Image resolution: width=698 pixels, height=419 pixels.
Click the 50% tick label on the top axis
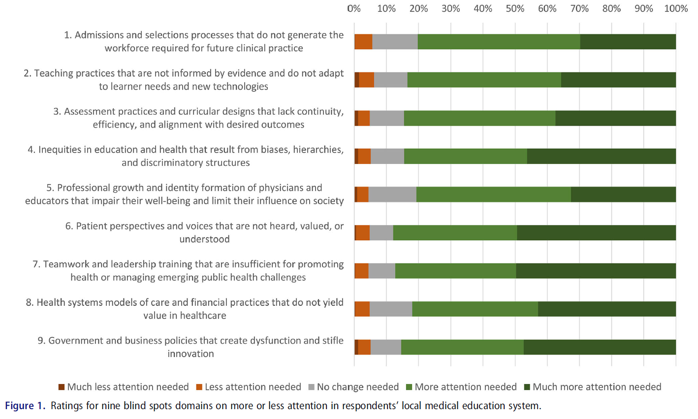click(x=515, y=9)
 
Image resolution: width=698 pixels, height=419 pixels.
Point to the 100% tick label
click(x=675, y=9)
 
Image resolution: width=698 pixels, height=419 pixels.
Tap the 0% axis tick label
click(x=354, y=9)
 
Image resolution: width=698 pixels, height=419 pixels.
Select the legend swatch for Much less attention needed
click(x=62, y=387)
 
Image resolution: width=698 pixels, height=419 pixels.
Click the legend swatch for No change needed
click(x=311, y=387)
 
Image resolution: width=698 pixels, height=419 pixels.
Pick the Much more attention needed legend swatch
click(x=527, y=387)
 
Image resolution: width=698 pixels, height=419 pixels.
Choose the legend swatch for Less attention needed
click(x=199, y=387)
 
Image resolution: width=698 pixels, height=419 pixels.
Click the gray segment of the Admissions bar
click(x=395, y=42)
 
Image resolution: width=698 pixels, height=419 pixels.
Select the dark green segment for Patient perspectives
click(x=596, y=233)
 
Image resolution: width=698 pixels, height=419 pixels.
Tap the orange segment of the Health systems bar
click(x=362, y=309)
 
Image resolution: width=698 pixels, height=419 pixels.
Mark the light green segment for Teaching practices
click(x=484, y=80)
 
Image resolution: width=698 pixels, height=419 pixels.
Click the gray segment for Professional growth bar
click(x=392, y=194)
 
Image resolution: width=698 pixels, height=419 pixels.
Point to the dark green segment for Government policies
click(x=600, y=347)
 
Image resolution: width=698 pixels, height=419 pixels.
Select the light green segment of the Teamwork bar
click(x=455, y=271)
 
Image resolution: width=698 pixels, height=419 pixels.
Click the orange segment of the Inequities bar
click(x=364, y=156)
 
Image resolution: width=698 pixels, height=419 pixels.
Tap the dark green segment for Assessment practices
click(x=615, y=118)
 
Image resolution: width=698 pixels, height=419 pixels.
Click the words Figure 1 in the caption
click(x=25, y=406)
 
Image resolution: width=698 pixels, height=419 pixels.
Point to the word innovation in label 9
click(x=190, y=354)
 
